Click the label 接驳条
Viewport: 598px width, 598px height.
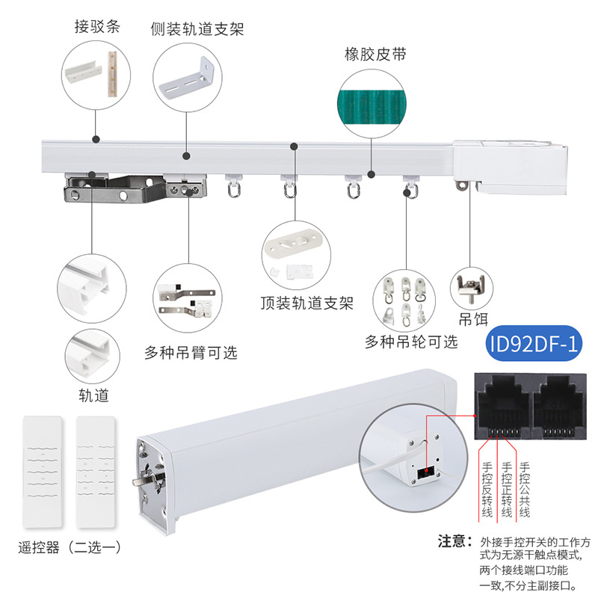[97, 27]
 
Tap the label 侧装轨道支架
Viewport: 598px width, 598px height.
[197, 29]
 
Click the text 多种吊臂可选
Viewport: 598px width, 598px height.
[191, 352]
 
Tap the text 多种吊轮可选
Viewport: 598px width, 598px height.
[410, 342]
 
